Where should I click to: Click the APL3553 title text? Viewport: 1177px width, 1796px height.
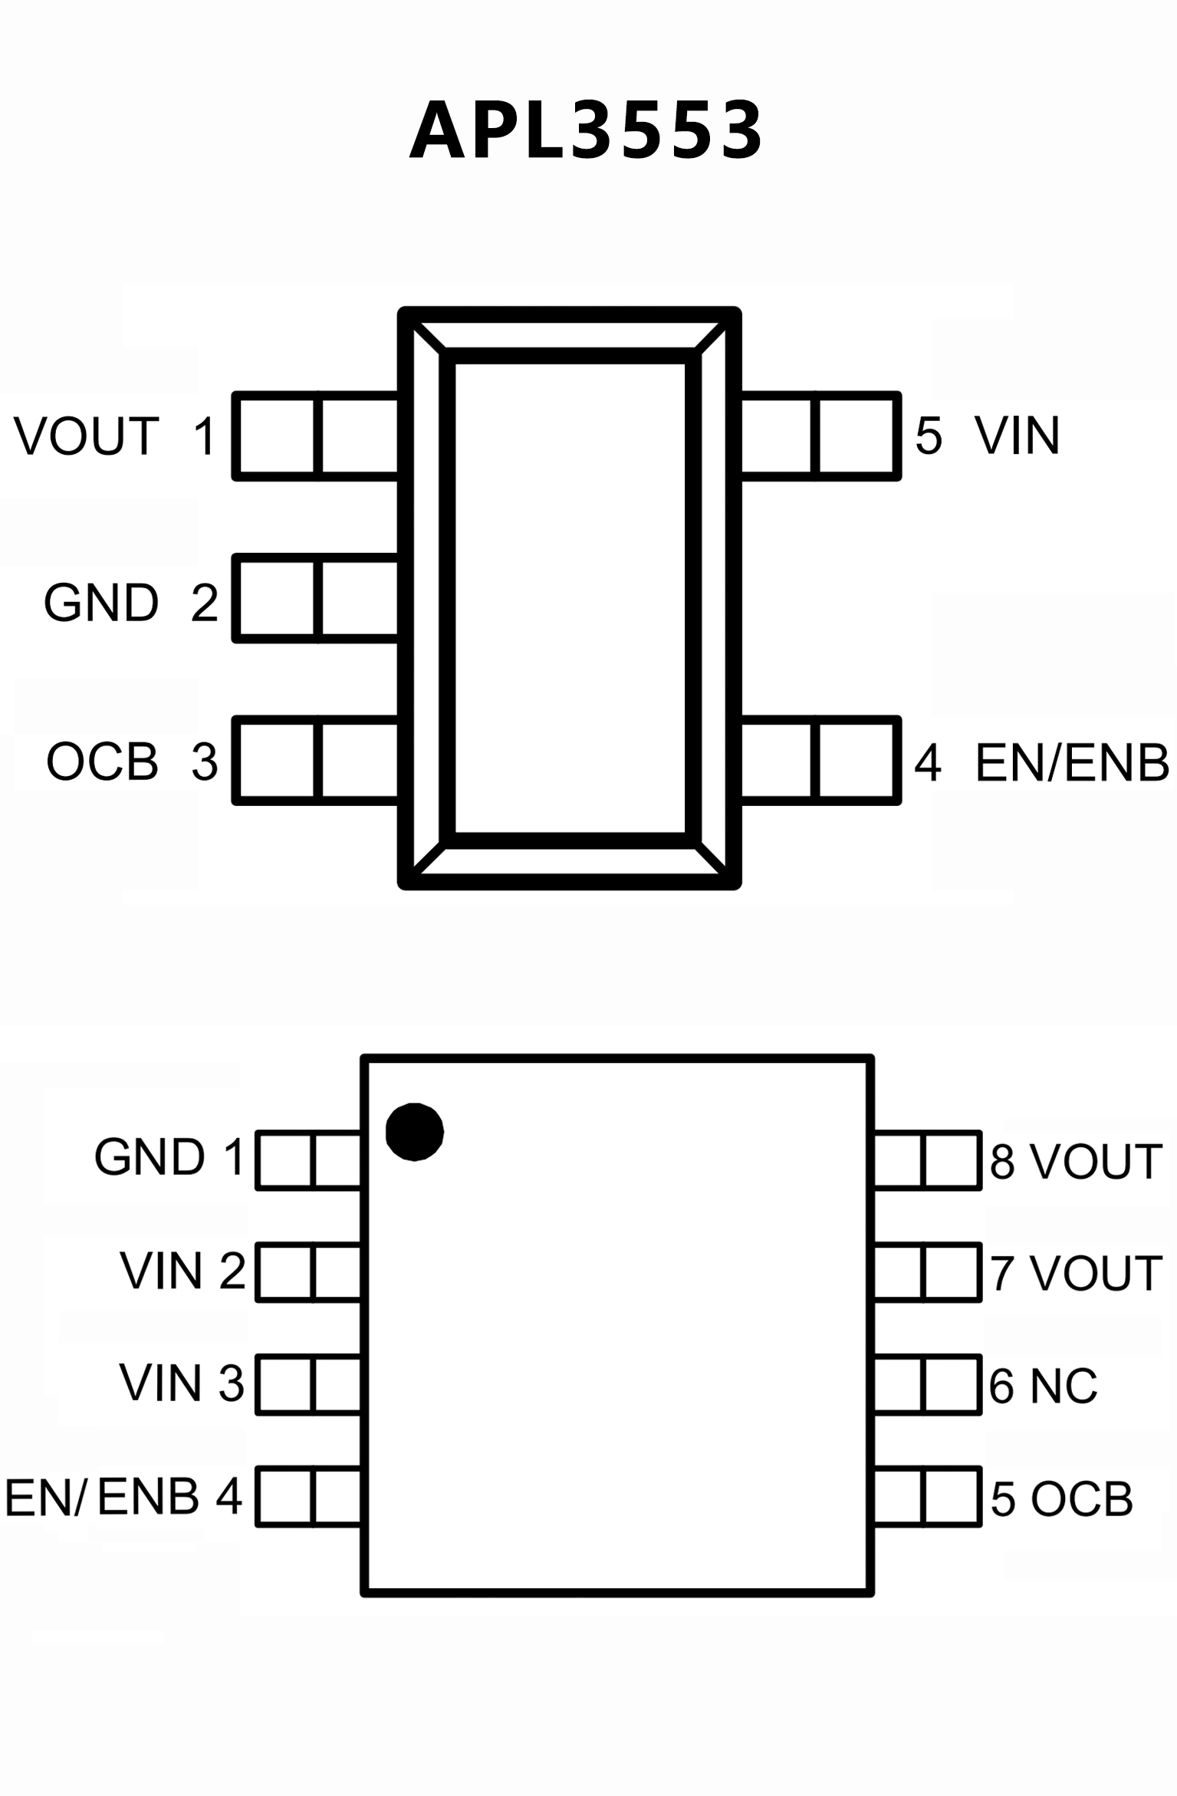[587, 131]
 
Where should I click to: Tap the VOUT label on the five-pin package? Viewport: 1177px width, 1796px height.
[87, 436]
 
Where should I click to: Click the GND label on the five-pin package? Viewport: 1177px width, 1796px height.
[101, 603]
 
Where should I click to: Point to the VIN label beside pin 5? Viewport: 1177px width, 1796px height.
[1018, 436]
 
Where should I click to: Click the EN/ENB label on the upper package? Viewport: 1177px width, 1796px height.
[1072, 763]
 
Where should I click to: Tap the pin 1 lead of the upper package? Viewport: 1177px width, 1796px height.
[315, 436]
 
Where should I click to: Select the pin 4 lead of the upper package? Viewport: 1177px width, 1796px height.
[820, 761]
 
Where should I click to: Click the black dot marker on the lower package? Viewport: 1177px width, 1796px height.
[414, 1131]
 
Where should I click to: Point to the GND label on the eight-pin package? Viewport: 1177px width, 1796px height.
[150, 1156]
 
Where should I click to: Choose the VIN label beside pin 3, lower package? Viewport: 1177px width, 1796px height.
[160, 1383]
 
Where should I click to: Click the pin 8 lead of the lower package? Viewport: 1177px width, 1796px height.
[927, 1160]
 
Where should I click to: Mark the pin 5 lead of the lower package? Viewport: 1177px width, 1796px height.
[927, 1497]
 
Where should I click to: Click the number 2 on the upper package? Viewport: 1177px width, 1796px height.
[205, 603]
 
